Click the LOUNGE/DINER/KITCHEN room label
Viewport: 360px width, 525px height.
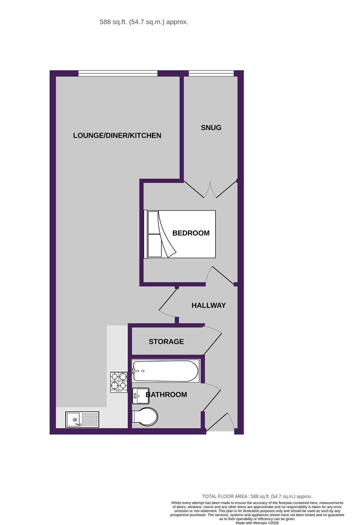[117, 136]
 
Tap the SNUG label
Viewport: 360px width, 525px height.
[211, 127]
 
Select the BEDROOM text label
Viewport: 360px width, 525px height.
[191, 233]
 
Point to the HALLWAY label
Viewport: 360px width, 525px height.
[208, 305]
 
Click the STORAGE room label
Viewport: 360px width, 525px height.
[166, 342]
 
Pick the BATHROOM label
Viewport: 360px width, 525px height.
[166, 394]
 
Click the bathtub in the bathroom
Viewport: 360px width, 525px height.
[166, 370]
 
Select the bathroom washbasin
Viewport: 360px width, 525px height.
[140, 396]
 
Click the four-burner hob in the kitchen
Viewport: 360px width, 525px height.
[119, 383]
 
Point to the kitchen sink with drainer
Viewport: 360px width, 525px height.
[82, 419]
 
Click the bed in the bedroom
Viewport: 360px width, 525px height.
[180, 234]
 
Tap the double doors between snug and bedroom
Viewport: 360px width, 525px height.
[210, 189]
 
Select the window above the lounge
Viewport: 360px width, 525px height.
[118, 73]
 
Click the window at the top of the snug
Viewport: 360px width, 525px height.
[211, 73]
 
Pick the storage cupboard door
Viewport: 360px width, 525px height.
[213, 339]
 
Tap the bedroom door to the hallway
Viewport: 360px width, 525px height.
[220, 275]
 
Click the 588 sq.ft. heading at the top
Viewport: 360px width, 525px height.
[144, 22]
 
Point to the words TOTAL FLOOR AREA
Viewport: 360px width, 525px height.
[225, 496]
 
